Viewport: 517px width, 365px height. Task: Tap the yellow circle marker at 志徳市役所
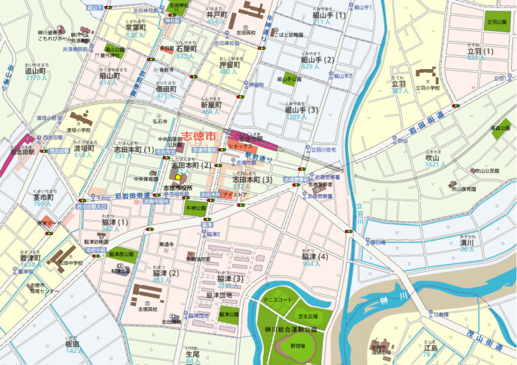[178, 177]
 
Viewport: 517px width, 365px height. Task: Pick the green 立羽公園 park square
[497, 20]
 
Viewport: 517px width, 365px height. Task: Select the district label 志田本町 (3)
[253, 180]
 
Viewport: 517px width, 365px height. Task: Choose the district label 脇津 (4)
[314, 257]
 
